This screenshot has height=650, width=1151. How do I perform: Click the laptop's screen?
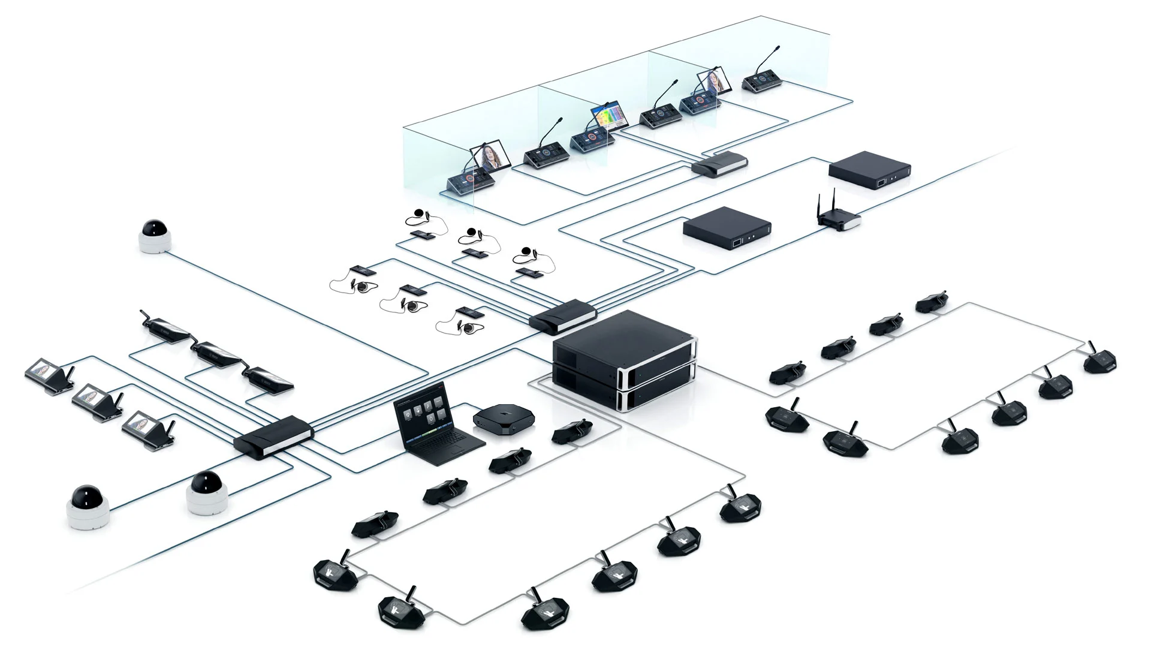(x=421, y=412)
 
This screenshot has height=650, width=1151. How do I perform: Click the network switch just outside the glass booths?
(x=720, y=163)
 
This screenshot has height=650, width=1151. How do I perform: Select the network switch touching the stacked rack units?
(x=562, y=315)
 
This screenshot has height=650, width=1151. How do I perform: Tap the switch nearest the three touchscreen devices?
(x=273, y=436)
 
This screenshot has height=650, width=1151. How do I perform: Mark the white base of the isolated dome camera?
(x=156, y=242)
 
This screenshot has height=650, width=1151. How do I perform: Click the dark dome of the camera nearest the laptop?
(x=206, y=482)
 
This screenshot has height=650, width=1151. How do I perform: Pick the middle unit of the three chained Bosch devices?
(x=219, y=354)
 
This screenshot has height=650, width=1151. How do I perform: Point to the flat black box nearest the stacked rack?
(x=727, y=228)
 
